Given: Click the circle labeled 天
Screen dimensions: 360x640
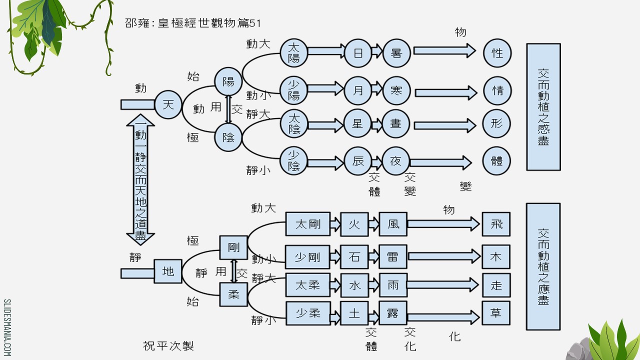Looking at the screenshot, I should pyautogui.click(x=168, y=104).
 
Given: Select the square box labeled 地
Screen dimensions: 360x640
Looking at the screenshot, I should pyautogui.click(x=168, y=271).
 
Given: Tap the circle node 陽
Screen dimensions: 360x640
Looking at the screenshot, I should pyautogui.click(x=228, y=81).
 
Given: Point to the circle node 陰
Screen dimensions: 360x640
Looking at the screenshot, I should pyautogui.click(x=228, y=137).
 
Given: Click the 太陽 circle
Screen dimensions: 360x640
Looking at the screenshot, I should pyautogui.click(x=293, y=52).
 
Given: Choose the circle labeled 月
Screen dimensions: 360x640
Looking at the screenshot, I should pyautogui.click(x=358, y=90).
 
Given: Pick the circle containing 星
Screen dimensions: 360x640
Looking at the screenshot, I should pyautogui.click(x=358, y=124).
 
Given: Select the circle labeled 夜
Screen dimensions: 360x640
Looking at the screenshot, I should pyautogui.click(x=396, y=161).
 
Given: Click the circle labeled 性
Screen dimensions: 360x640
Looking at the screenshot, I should pyautogui.click(x=497, y=52).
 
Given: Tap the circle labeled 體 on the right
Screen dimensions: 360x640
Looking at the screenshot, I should pyautogui.click(x=497, y=161).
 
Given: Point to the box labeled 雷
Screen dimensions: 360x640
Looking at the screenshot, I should pyautogui.click(x=393, y=257).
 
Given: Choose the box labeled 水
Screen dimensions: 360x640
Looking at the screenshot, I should pyautogui.click(x=354, y=285).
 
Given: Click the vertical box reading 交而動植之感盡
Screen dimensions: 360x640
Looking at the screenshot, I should pyautogui.click(x=543, y=106).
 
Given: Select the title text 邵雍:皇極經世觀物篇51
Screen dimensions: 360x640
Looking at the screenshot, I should pyautogui.click(x=193, y=23).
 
